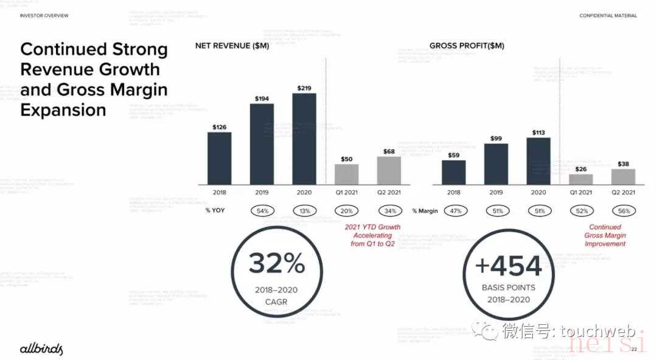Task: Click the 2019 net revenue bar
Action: [x=262, y=144]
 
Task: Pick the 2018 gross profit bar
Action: [x=454, y=172]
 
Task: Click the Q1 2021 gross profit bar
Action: [x=580, y=179]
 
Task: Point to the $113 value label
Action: [x=538, y=132]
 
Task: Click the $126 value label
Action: [x=220, y=126]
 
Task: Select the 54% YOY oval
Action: [x=262, y=211]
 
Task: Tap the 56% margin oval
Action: [x=624, y=211]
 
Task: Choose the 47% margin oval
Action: [x=454, y=211]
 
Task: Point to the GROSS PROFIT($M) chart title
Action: [x=467, y=46]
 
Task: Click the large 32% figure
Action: [x=276, y=264]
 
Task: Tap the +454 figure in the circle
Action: [x=508, y=266]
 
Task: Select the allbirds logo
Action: [x=41, y=348]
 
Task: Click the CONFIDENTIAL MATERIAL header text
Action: [x=608, y=15]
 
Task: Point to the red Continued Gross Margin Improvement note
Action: [x=605, y=235]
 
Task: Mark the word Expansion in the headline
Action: [x=63, y=110]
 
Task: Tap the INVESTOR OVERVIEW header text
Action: [x=44, y=15]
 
